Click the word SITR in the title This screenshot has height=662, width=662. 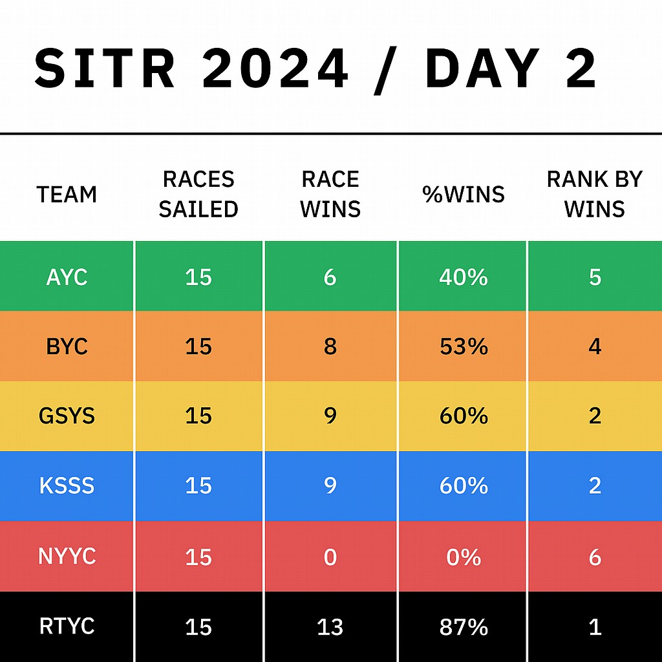(104, 69)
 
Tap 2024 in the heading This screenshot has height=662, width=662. (275, 69)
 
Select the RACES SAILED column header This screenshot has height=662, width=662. (198, 194)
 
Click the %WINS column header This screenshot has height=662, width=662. (464, 194)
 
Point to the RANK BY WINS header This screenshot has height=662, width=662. (595, 194)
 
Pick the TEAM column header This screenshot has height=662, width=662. (67, 195)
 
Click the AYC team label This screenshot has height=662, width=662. (67, 277)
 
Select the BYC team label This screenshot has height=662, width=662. (67, 347)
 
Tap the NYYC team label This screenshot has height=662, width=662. (67, 556)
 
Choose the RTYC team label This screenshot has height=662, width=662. (67, 626)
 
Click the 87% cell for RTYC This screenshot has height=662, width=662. (464, 627)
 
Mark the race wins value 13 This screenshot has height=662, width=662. (330, 627)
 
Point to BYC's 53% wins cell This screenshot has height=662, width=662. (464, 347)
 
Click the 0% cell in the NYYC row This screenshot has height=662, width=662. (464, 557)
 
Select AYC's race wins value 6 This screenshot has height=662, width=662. (330, 277)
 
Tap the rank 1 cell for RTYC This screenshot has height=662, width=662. (595, 627)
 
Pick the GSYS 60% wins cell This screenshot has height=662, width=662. (464, 416)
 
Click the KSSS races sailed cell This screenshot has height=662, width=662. (198, 486)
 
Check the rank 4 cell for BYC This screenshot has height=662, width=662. (595, 347)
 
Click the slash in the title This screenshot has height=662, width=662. (386, 71)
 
